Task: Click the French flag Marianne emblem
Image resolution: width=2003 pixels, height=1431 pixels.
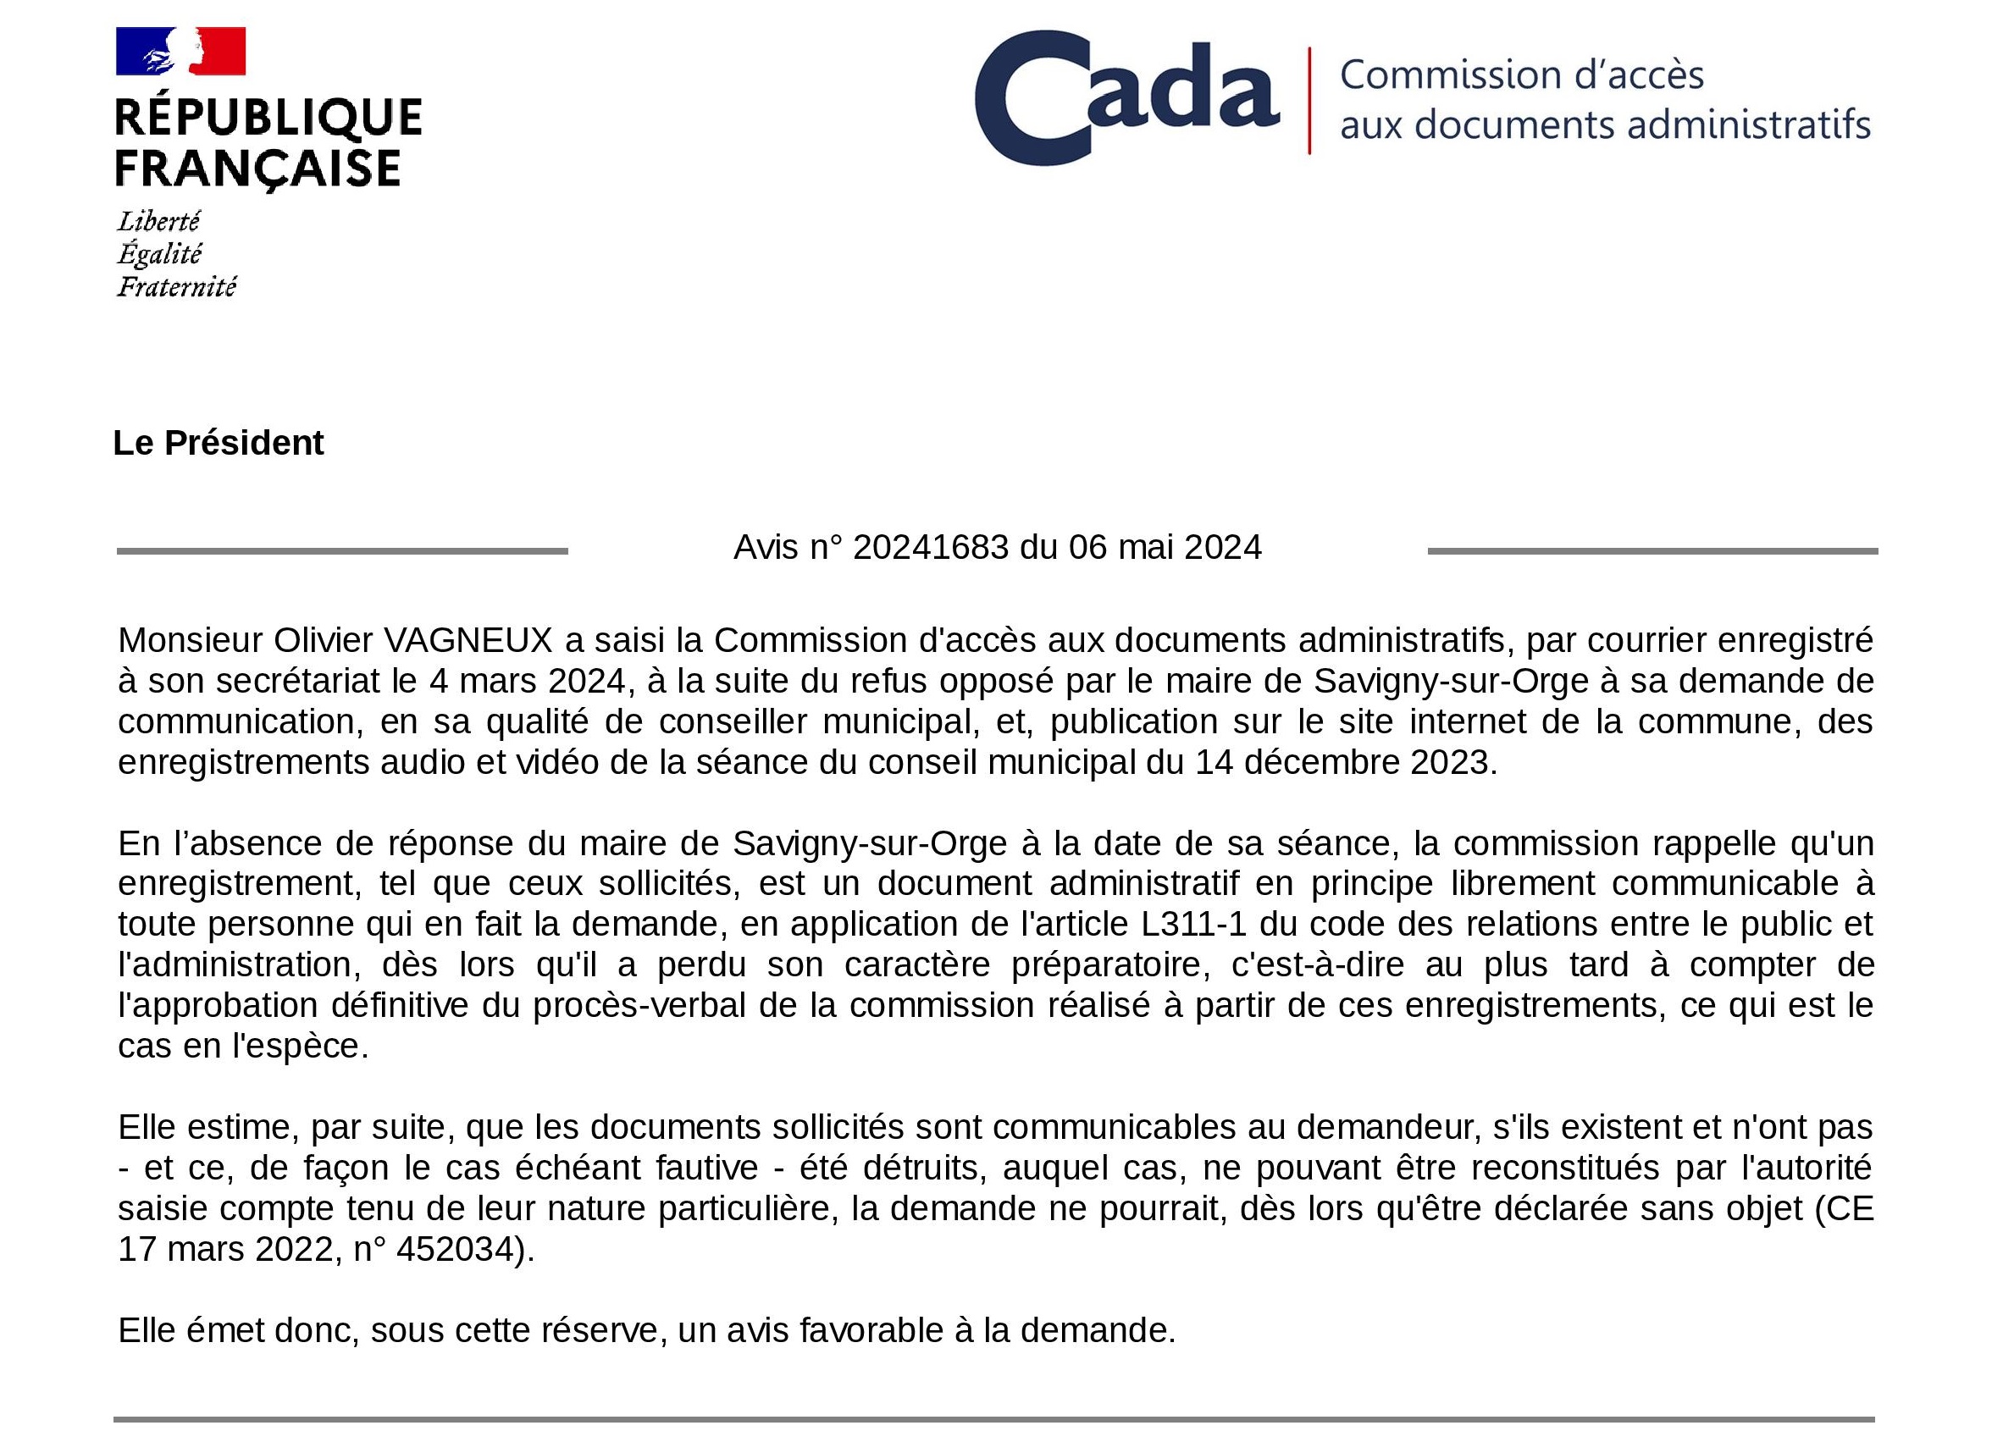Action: pos(180,51)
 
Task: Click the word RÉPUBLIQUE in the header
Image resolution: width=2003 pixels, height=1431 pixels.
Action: pos(268,118)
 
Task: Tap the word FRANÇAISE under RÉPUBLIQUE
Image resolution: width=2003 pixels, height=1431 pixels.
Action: pos(258,169)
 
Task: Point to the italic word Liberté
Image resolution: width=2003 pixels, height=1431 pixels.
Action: pos(159,220)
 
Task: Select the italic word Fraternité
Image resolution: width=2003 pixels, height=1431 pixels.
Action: pos(177,286)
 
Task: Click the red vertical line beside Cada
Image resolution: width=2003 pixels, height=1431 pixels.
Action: pos(1309,101)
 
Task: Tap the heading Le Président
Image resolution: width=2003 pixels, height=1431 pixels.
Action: pos(219,442)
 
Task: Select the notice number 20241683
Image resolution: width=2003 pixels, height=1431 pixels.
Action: pos(931,547)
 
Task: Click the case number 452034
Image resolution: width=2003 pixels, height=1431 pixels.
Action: pos(455,1249)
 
